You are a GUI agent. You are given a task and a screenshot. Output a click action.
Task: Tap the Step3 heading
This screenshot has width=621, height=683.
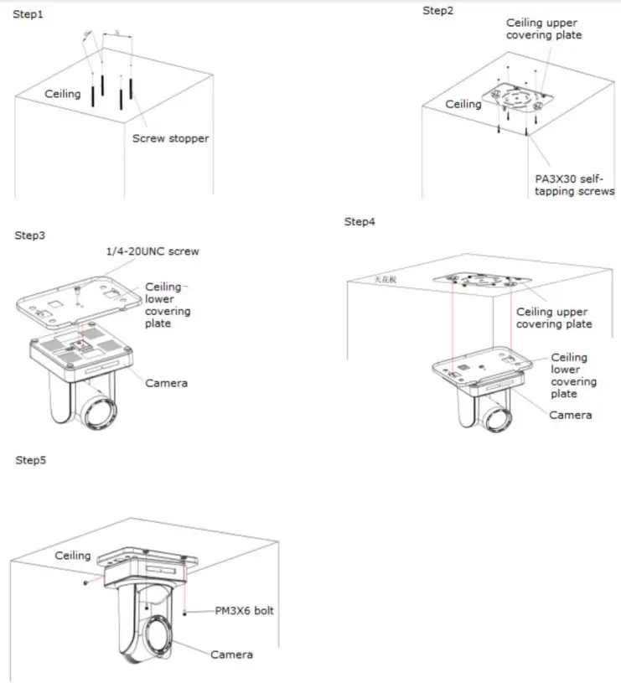pos(29,235)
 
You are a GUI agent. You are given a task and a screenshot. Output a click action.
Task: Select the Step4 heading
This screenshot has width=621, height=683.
pos(360,221)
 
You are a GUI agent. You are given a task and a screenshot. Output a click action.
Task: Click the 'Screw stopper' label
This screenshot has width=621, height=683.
pos(170,138)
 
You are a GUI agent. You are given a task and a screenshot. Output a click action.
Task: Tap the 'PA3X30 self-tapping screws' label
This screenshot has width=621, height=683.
pos(575,184)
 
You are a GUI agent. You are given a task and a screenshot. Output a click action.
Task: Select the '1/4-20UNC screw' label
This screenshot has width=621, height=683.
pos(152,251)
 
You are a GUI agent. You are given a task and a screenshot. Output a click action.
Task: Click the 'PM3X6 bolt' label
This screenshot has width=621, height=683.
pos(244,611)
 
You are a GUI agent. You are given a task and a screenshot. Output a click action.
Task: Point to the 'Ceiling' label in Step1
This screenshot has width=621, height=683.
pos(63,94)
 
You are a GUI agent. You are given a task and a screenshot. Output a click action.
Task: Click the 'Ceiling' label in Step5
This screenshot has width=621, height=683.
pos(73,556)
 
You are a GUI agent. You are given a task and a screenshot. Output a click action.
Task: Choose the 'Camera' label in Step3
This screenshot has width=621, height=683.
pos(166,383)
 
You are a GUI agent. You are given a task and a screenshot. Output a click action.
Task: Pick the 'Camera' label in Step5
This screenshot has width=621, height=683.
pos(231,654)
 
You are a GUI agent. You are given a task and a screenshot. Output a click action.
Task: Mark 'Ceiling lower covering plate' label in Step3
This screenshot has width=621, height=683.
pos(168,305)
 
